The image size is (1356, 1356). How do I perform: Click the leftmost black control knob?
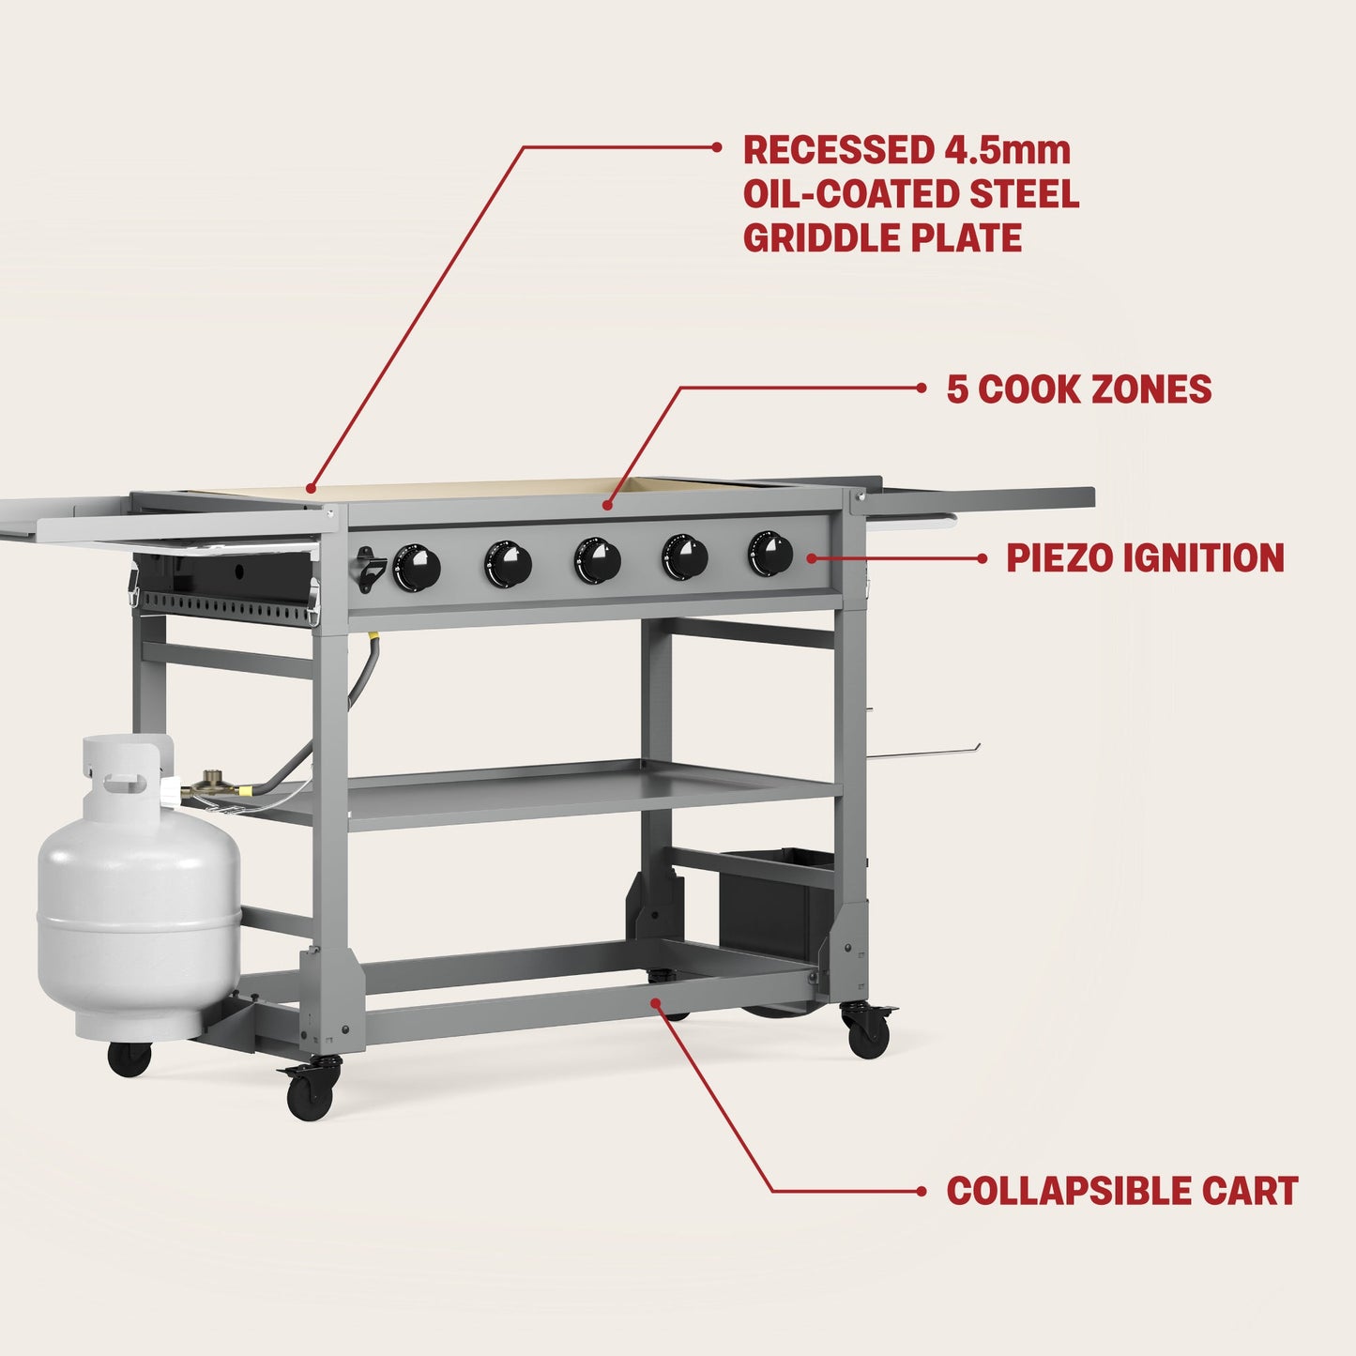click(x=417, y=567)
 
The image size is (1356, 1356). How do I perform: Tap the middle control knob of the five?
click(x=598, y=561)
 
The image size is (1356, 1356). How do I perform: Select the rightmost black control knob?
click(x=770, y=554)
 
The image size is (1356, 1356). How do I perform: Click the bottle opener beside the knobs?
click(x=368, y=569)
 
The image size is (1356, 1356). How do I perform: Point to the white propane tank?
click(x=139, y=920)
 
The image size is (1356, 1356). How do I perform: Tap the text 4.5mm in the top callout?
click(x=1002, y=150)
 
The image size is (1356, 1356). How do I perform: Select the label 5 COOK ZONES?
click(x=1079, y=389)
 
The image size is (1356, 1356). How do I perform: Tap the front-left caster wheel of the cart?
click(x=310, y=1094)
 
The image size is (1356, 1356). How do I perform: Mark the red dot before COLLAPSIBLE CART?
click(x=922, y=1192)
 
